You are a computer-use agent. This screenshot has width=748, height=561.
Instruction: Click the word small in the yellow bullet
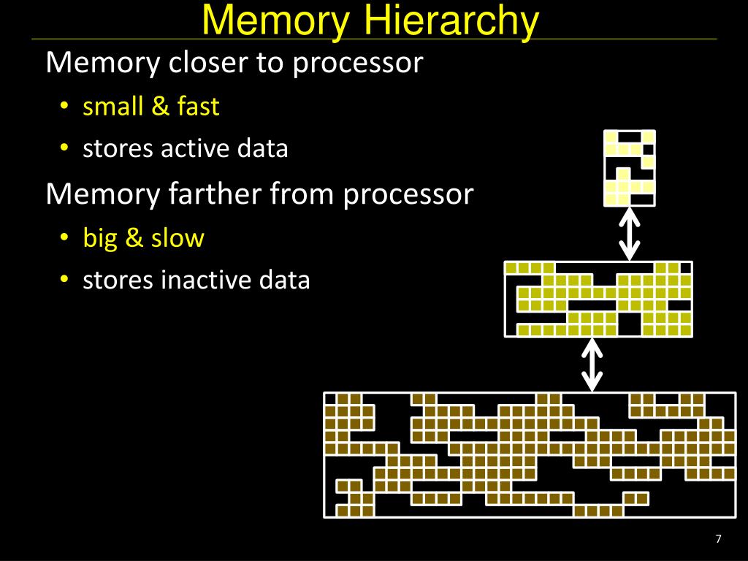point(113,107)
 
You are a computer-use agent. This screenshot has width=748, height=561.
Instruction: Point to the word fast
point(197,107)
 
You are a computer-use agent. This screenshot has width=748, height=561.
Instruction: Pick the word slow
point(178,238)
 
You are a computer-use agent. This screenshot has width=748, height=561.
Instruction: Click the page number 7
point(718,539)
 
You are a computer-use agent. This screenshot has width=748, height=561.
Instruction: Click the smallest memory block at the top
point(629,167)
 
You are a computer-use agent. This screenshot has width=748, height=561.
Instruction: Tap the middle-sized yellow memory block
point(598,298)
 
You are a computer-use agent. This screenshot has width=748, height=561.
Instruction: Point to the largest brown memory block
point(530,454)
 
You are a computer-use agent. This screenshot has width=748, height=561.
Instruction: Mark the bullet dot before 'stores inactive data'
point(64,280)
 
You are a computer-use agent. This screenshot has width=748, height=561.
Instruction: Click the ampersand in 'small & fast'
point(160,107)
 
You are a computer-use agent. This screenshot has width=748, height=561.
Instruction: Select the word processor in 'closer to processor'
point(358,64)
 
